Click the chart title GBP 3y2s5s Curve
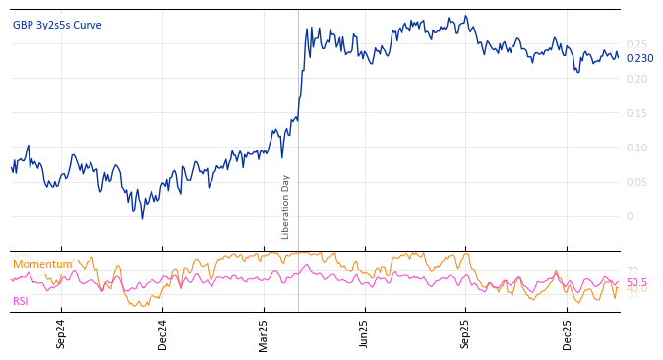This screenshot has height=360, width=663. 57,26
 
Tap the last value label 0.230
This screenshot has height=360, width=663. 639,58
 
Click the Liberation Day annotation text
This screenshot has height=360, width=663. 286,207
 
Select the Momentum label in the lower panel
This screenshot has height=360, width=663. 42,264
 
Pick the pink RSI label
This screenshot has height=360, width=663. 21,301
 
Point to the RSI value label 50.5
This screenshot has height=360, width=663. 636,282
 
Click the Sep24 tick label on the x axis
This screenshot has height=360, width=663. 61,333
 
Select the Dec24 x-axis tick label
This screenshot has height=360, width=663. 163,333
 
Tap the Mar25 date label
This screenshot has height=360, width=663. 264,333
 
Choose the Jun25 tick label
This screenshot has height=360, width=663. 365,333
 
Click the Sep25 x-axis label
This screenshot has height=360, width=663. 466,333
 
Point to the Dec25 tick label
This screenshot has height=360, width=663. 568,333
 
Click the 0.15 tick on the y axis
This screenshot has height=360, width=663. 636,113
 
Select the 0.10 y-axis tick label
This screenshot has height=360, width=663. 636,148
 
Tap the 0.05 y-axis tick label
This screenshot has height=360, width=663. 636,182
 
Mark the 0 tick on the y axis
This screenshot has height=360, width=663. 631,216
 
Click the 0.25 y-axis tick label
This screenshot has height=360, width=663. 636,44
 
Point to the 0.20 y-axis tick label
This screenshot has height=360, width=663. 636,79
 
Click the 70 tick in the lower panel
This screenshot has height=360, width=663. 632,270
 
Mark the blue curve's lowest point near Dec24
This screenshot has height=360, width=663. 142,218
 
